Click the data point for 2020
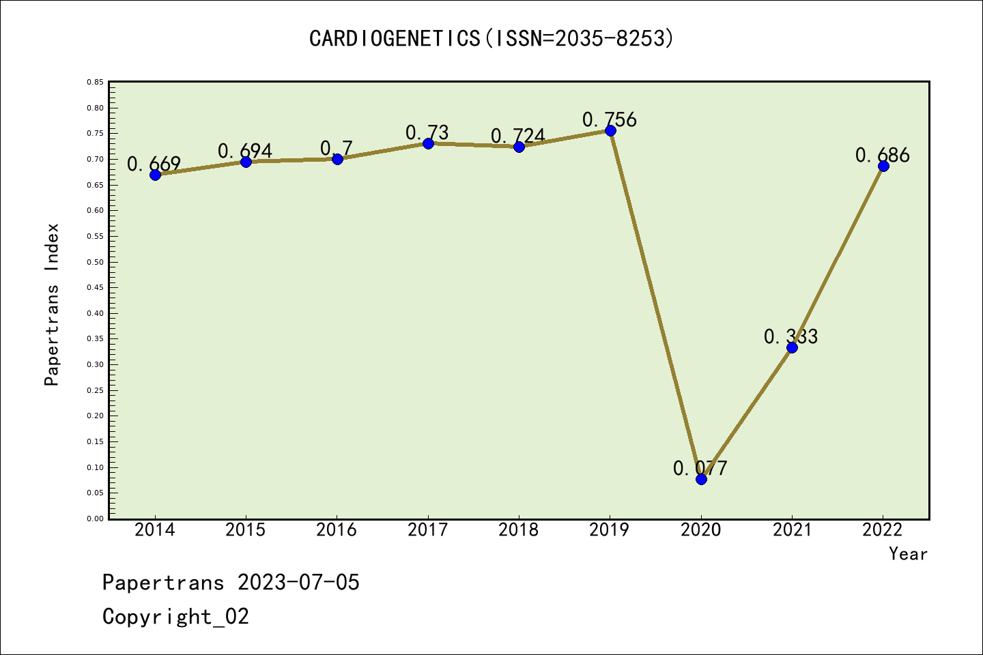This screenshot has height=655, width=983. [x=701, y=479]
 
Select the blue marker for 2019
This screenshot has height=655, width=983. [x=610, y=130]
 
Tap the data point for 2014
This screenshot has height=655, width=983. [x=155, y=175]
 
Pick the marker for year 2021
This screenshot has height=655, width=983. [x=792, y=347]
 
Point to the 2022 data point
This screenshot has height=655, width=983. [x=883, y=166]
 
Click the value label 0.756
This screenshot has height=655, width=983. [x=610, y=120]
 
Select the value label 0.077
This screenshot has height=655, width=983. [x=700, y=468]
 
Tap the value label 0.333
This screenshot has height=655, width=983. [x=790, y=336]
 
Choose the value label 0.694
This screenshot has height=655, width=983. [x=245, y=151]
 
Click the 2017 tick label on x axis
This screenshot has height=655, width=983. [x=427, y=530]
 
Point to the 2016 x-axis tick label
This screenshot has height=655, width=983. [x=337, y=530]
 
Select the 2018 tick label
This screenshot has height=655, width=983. [x=519, y=530]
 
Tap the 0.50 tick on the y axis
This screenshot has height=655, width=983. [x=95, y=262]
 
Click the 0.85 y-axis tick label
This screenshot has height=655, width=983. [x=95, y=82]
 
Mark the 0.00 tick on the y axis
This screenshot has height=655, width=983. [x=95, y=519]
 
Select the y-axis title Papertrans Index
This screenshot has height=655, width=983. [x=52, y=304]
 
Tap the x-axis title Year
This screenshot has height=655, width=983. [x=908, y=554]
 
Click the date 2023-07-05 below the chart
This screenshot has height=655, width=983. [x=298, y=583]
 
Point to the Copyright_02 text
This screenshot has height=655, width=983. [x=175, y=617]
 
